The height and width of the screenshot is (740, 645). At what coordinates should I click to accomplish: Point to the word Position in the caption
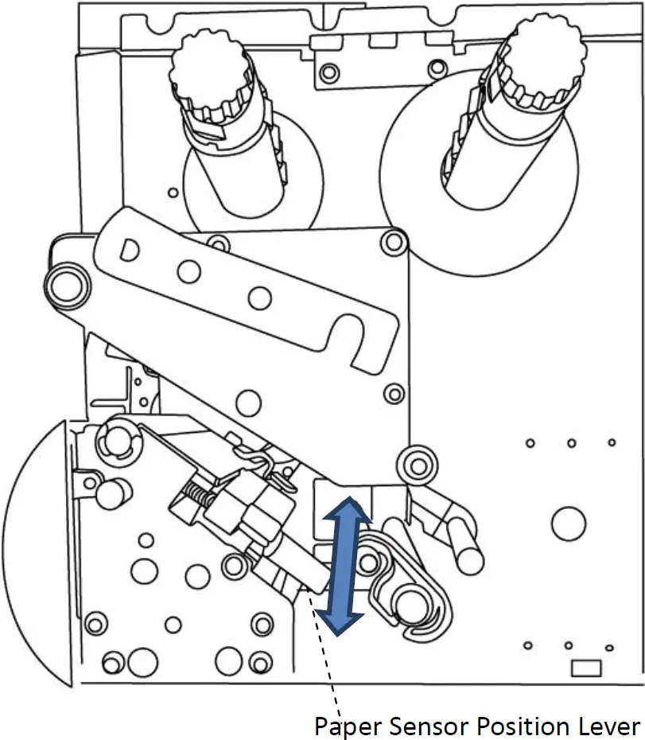tap(519, 726)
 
